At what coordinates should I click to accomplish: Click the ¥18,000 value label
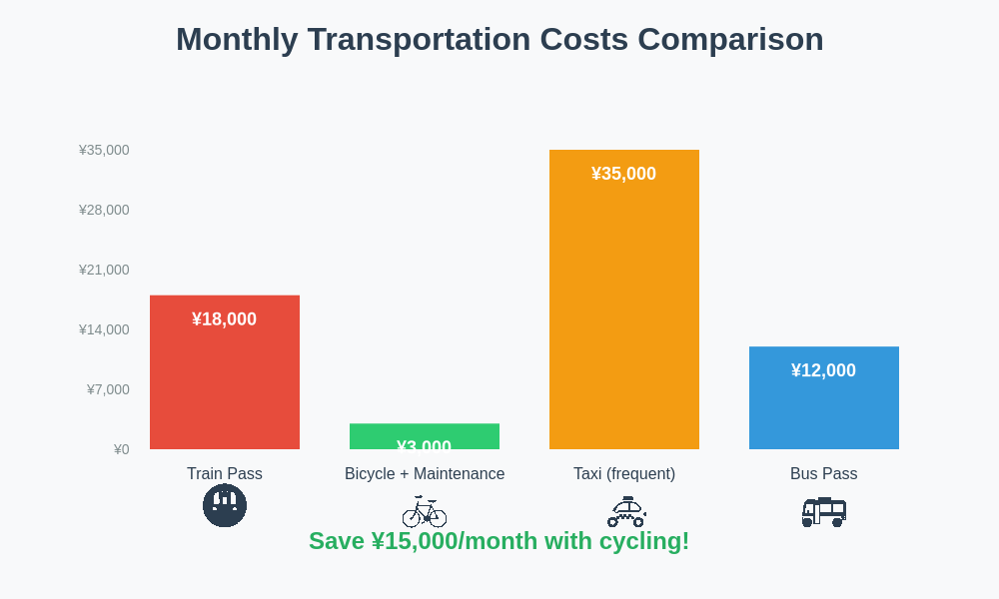224,319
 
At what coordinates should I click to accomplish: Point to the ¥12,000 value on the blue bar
823,370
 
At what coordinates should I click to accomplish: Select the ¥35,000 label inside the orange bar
623,174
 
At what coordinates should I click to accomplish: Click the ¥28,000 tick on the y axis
104,210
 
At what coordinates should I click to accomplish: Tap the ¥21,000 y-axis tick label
104,270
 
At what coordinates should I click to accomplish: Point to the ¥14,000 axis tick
104,329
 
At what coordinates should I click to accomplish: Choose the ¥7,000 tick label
108,389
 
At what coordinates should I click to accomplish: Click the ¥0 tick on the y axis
121,449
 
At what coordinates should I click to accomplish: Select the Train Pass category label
225,473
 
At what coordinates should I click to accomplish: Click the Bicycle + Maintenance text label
425,473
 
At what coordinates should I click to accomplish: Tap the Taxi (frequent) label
624,473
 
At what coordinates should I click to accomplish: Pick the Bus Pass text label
824,473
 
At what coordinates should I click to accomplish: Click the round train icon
225,505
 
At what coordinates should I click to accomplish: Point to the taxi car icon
626,512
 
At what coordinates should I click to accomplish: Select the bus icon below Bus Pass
824,512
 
